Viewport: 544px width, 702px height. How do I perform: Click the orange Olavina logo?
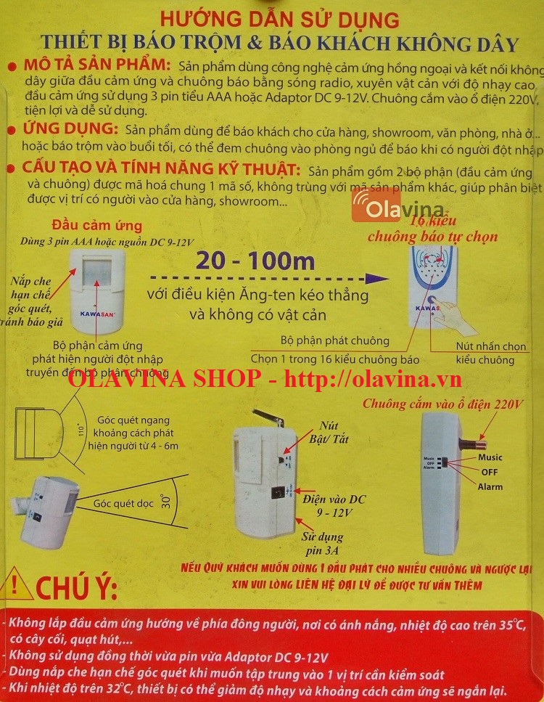[398, 206]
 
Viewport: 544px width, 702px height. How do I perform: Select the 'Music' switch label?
[490, 457]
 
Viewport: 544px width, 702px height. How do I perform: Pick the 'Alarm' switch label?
[490, 486]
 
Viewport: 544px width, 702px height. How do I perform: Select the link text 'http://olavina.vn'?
[372, 378]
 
